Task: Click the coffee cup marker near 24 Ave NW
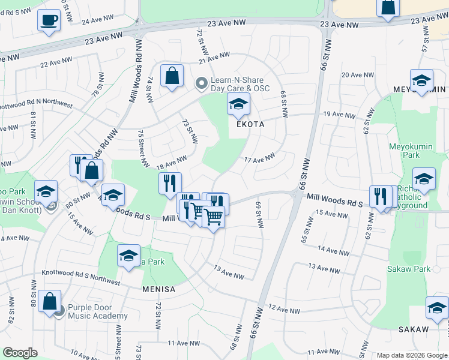(49, 20)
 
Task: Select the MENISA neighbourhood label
(158, 289)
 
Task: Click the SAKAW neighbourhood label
(414, 329)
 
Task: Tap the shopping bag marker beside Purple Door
(50, 301)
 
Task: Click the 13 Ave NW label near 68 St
(229, 272)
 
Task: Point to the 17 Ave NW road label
(259, 158)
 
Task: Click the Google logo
(19, 353)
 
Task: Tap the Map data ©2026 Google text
(412, 355)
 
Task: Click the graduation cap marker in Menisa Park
(128, 256)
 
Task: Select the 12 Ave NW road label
(284, 310)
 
